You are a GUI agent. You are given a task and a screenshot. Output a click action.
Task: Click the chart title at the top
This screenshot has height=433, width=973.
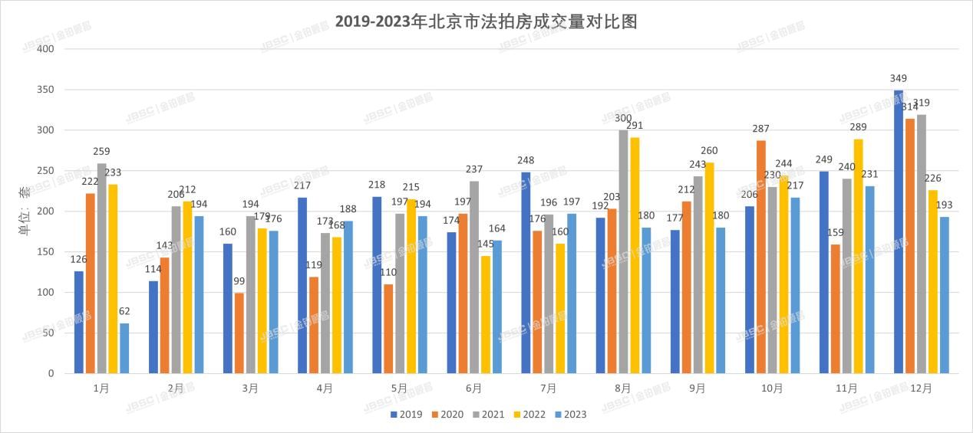[486, 21]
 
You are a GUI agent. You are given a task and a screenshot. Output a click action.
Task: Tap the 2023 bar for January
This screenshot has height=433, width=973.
[124, 348]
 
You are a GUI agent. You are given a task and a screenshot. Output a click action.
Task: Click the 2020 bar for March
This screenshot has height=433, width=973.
[239, 333]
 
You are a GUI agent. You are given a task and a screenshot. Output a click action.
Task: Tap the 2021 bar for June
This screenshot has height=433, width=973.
[474, 277]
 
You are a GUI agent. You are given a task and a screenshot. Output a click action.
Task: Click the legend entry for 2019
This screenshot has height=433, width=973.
[405, 415]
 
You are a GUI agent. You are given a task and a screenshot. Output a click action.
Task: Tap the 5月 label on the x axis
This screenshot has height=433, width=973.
[399, 389]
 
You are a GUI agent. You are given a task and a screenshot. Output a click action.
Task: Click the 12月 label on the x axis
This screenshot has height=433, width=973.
[921, 389]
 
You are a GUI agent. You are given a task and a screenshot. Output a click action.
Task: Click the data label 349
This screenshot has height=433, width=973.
[899, 78]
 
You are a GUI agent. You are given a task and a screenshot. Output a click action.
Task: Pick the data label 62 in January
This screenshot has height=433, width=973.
[124, 311]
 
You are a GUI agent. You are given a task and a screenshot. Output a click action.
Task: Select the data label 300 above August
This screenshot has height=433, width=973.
[622, 118]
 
